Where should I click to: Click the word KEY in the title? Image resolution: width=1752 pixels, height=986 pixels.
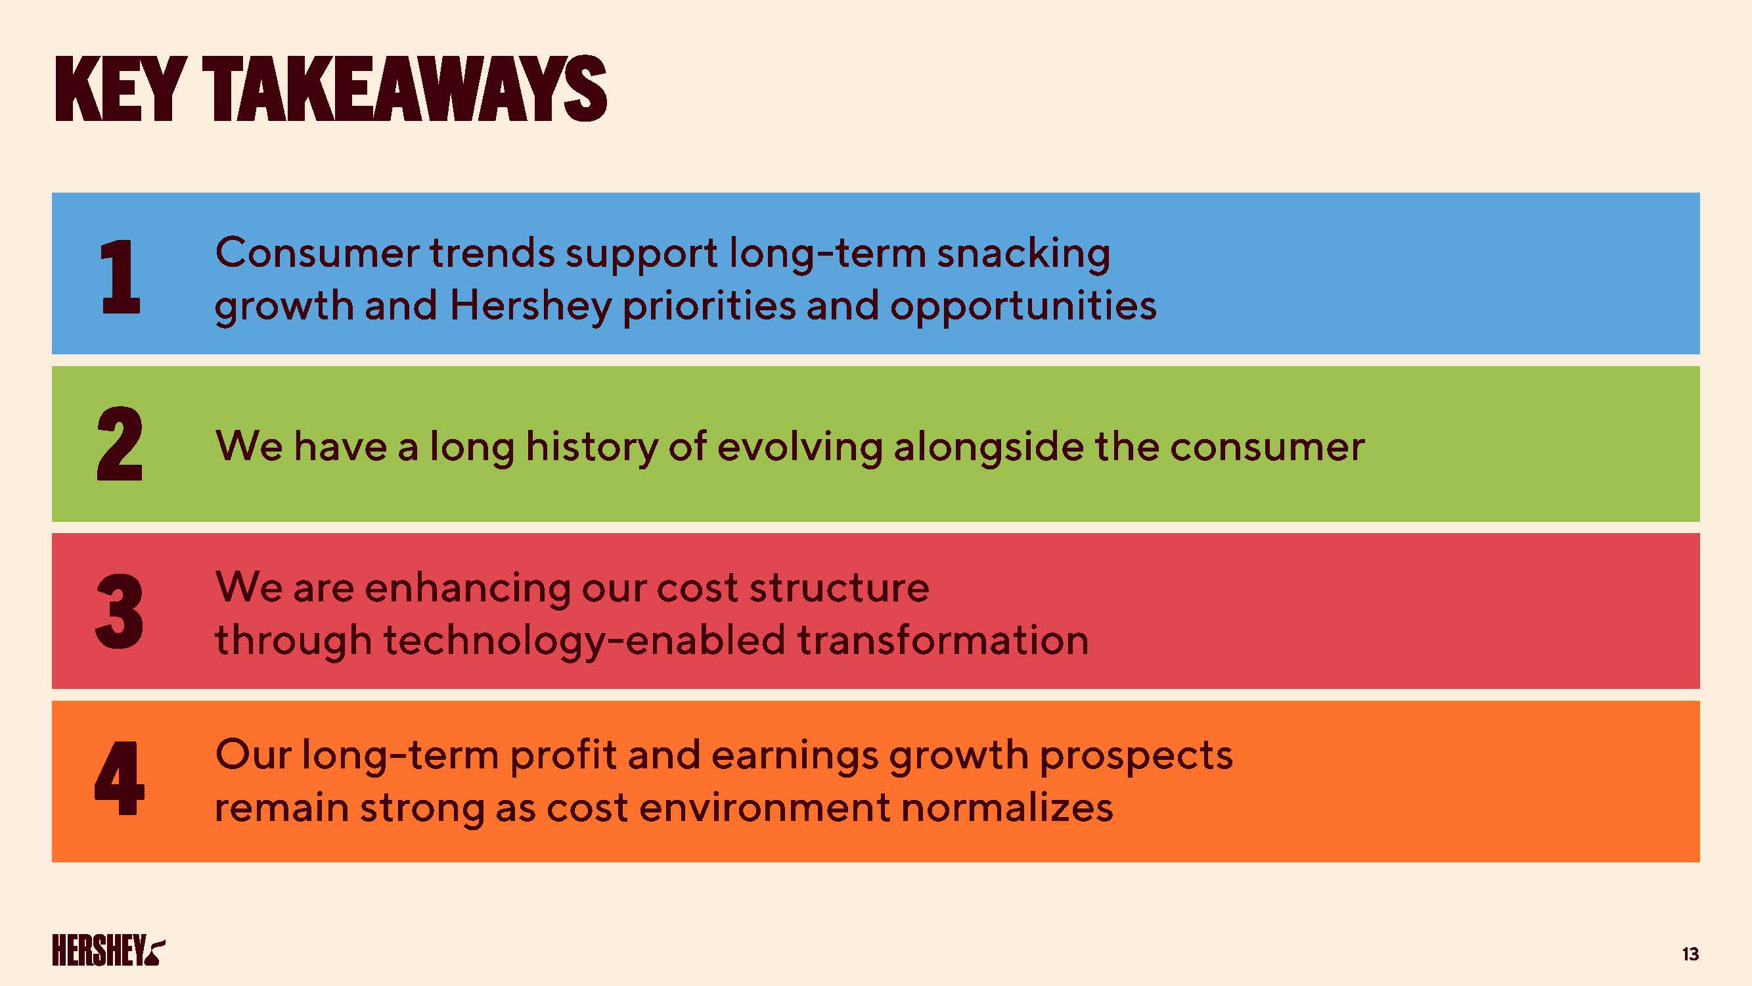(120, 89)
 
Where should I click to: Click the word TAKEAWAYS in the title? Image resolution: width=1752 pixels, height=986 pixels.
(405, 89)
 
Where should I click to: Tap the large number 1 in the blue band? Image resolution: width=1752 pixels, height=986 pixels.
(120, 277)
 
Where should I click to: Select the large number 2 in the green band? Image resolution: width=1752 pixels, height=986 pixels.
(120, 444)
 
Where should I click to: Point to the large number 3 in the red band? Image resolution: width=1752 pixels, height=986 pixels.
(120, 611)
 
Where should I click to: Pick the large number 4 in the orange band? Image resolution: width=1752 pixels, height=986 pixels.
(120, 778)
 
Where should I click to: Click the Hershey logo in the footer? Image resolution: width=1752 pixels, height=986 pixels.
(108, 950)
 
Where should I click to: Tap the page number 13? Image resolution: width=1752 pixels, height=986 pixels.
(1690, 954)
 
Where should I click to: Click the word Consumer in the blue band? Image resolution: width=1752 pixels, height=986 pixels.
(317, 253)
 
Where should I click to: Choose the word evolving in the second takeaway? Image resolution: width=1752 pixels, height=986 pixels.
(800, 448)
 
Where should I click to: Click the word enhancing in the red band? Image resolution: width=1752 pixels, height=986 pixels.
(468, 588)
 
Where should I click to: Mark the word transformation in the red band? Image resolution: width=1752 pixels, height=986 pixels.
(943, 641)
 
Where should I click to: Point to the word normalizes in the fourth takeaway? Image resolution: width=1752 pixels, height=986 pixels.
(1006, 808)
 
